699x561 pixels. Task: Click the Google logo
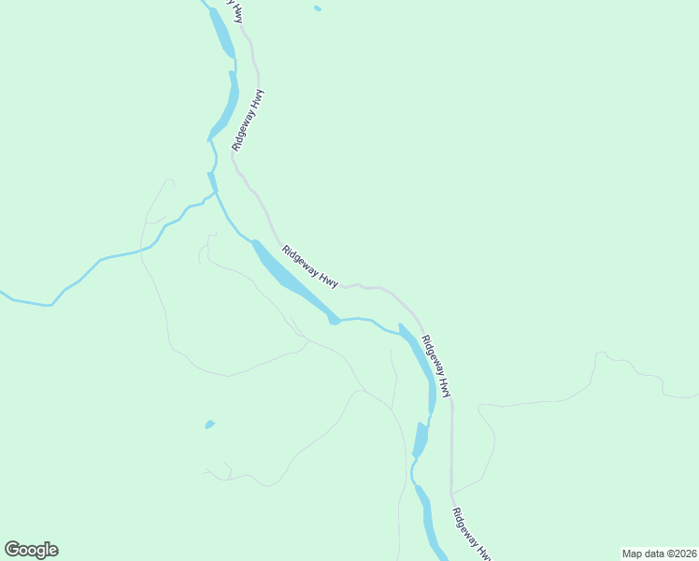point(31,550)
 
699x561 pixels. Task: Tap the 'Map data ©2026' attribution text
point(658,554)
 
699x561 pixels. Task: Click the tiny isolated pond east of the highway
point(318,8)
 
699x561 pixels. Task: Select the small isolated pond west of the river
point(209,425)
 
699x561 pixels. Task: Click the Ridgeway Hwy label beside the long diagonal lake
point(309,266)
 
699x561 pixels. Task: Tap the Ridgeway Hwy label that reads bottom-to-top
point(250,121)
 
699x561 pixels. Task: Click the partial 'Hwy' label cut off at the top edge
point(239,11)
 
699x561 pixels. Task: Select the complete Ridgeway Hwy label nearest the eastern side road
point(437,367)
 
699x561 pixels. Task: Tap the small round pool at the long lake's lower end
point(334,321)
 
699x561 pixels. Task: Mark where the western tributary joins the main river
point(214,193)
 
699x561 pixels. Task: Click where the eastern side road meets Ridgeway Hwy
point(451,493)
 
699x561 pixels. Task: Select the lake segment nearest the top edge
point(222,33)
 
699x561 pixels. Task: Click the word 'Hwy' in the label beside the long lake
point(327,279)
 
